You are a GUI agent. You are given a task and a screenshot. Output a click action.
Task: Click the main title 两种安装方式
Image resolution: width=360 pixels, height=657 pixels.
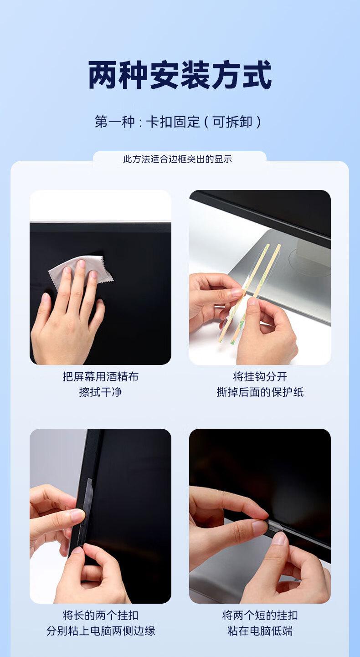point(180,75)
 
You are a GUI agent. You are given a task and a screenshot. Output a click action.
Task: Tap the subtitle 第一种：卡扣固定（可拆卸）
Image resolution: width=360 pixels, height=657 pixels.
point(178,122)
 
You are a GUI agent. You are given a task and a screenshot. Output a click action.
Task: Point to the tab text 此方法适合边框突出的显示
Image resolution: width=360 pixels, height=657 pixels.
point(178,159)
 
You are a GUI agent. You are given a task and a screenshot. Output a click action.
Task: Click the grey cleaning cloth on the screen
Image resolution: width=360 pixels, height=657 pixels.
point(81,271)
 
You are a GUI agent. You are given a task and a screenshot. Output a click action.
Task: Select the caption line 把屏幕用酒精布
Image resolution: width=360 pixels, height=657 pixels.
point(101,377)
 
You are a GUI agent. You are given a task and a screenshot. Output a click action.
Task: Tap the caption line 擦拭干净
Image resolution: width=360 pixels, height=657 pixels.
point(101,392)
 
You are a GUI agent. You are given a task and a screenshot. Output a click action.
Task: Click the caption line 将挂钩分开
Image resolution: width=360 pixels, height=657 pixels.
point(260,377)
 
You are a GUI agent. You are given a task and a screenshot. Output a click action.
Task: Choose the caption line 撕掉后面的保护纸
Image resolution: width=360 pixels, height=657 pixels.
point(260,392)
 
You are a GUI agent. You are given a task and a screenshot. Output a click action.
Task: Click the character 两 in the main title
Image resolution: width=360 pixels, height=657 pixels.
point(103,75)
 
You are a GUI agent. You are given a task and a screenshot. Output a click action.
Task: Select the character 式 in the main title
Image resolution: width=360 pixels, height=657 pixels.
point(257,75)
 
